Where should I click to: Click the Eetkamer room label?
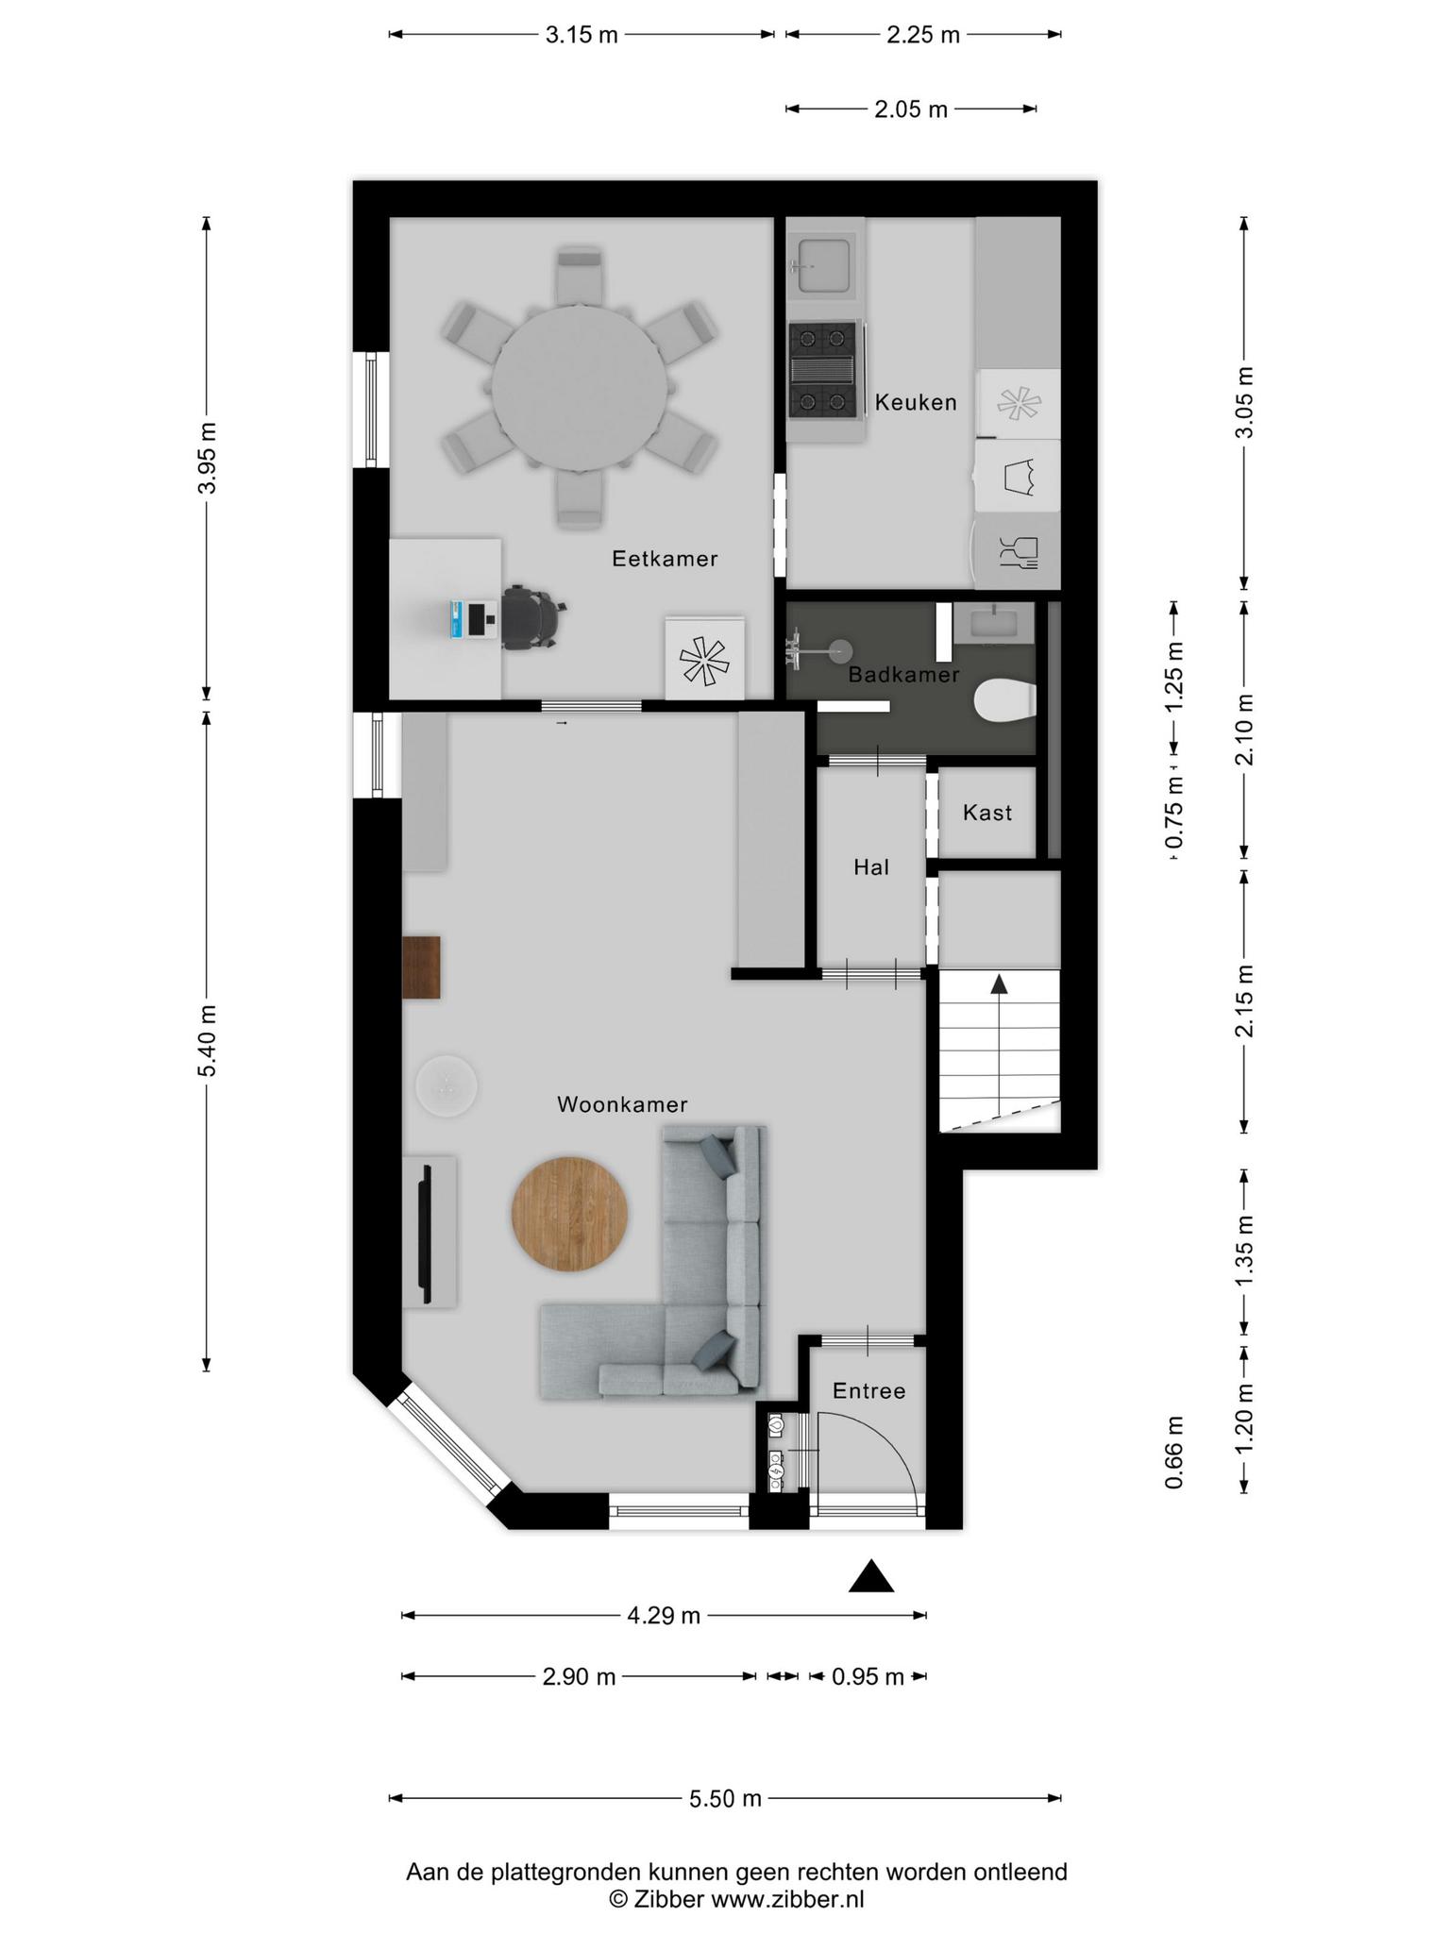coord(665,559)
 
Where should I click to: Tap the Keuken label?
coord(916,402)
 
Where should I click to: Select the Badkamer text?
coord(903,675)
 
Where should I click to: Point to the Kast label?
coord(987,813)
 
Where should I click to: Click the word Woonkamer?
coord(622,1104)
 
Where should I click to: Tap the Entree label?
coord(868,1391)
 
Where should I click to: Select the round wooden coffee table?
coord(570,1214)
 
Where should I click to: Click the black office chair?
coord(532,617)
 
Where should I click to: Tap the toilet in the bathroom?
coord(1004,701)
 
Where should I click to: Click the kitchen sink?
coord(822,265)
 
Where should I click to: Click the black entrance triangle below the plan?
coord(870,1577)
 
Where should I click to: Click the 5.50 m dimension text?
coord(725,1798)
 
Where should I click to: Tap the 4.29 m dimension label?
coord(664,1616)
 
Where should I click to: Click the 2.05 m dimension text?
coord(911,109)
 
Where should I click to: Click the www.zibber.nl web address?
coord(787,1899)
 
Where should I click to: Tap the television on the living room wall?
coord(426,1232)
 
